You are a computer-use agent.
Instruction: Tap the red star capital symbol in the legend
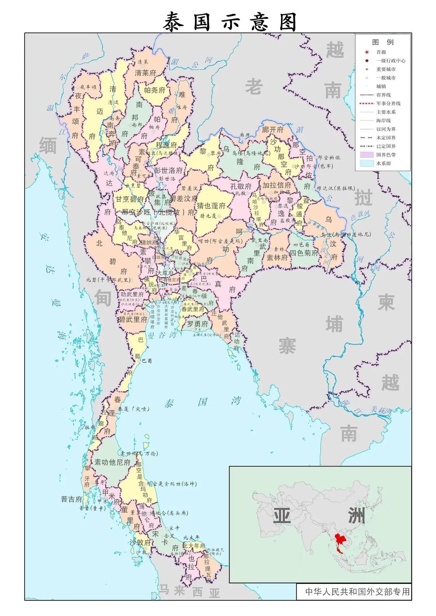367,52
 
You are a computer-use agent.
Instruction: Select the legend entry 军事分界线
388,104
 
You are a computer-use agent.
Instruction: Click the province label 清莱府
145,73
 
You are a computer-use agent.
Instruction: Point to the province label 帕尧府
154,90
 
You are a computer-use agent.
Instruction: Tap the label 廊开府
273,129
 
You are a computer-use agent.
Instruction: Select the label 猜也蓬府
211,206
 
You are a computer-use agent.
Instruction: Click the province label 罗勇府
197,324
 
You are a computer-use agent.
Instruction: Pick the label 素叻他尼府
112,462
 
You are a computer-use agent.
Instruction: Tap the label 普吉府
72,499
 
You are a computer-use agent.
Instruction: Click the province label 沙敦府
140,543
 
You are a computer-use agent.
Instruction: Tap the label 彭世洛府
168,170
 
